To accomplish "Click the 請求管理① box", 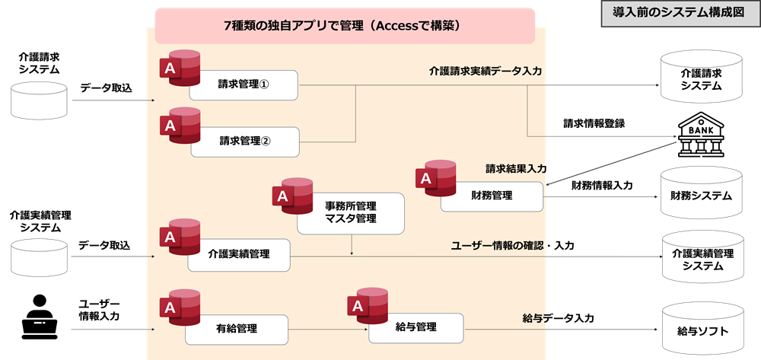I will click(244, 84).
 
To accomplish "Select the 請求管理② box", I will click(244, 142).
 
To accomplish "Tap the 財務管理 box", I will click(492, 196).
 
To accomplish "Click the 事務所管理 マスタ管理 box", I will click(350, 212).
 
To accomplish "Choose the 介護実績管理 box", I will click(239, 254).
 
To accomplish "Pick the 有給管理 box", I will click(237, 329).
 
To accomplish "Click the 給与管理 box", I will click(416, 327).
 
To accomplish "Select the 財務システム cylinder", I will click(701, 196).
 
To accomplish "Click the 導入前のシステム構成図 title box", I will click(677, 13).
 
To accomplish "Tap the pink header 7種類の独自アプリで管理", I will click(345, 25).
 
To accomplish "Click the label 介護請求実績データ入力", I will click(485, 71).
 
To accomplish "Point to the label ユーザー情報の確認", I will click(497, 245).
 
